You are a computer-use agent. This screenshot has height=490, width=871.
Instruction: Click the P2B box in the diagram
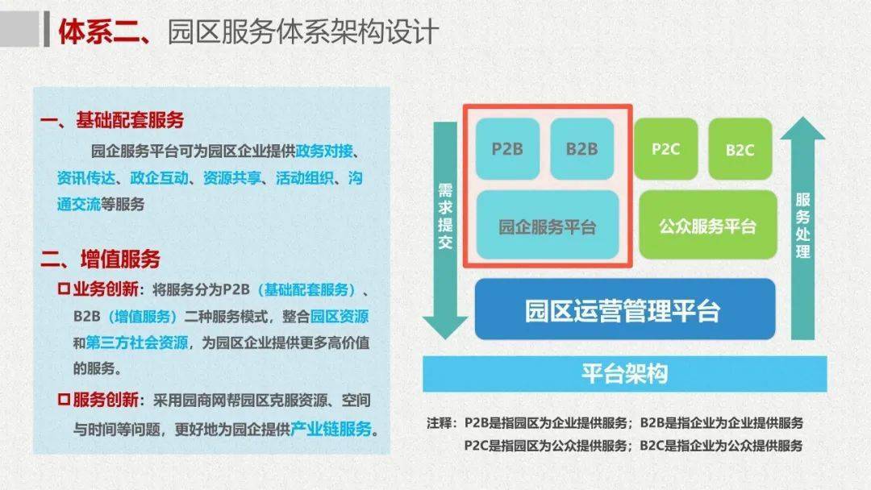tap(507, 149)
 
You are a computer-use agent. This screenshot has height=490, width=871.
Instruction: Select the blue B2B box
tap(581, 149)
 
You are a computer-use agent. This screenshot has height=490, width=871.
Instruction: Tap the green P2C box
tap(665, 149)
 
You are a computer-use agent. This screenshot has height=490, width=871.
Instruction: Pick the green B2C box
tap(740, 149)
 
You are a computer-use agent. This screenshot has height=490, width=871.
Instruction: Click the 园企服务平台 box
tap(547, 226)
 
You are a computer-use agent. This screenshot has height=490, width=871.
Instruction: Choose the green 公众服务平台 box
tap(708, 226)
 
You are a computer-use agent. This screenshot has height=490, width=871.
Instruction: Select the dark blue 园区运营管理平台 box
tap(624, 309)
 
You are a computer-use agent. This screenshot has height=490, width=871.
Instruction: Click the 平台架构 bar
tap(624, 373)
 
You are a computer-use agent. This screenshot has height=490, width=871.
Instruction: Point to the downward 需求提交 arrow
tap(445, 230)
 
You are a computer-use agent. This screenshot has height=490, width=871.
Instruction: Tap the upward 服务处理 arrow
tap(802, 227)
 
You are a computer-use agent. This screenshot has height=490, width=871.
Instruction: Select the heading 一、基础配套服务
tap(111, 120)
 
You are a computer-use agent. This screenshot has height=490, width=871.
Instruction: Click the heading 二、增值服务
tap(100, 260)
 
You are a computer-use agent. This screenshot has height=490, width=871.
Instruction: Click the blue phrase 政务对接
tap(324, 151)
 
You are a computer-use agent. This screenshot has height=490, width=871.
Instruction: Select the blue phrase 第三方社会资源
tap(137, 343)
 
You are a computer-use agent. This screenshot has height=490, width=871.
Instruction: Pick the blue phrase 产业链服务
tap(331, 429)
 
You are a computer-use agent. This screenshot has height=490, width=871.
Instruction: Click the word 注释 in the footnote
tap(440, 423)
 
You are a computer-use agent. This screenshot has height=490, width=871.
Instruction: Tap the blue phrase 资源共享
tap(231, 177)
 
